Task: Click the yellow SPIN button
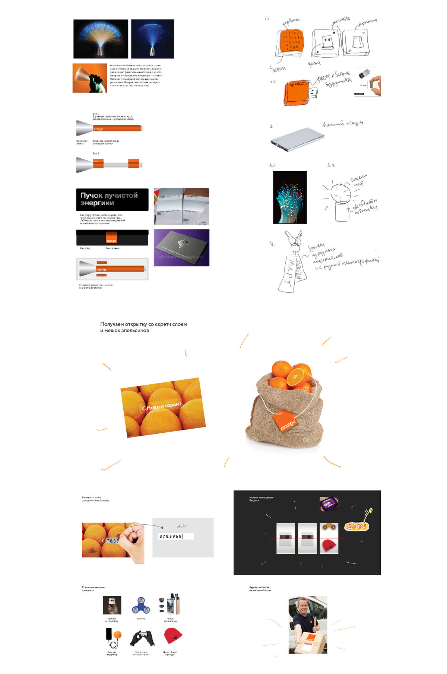356,527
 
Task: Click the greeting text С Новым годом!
161,406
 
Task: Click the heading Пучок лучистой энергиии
109,199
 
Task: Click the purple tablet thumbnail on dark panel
329,503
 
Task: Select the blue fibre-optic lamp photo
153,39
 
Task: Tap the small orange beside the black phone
118,635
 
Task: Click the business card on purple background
181,248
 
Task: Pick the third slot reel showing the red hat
329,538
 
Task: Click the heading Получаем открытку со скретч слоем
143,324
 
